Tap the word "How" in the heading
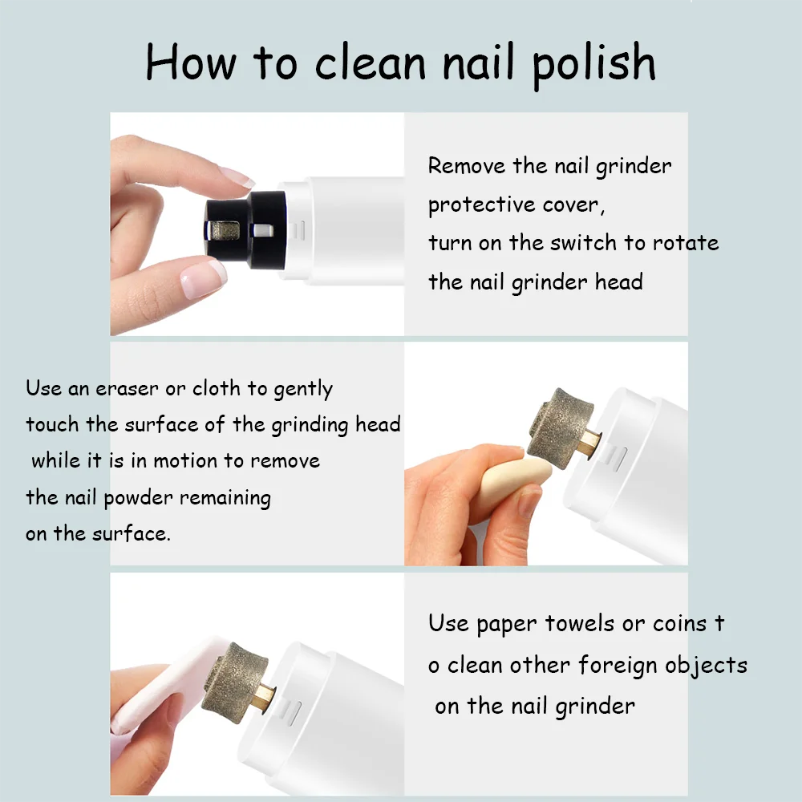click(x=191, y=62)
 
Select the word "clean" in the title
click(x=370, y=62)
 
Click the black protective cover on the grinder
click(x=246, y=229)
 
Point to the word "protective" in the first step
click(x=481, y=205)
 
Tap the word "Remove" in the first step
click(x=467, y=165)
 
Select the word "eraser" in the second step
click(x=127, y=389)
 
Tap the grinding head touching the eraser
click(x=560, y=428)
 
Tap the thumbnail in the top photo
click(x=204, y=279)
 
